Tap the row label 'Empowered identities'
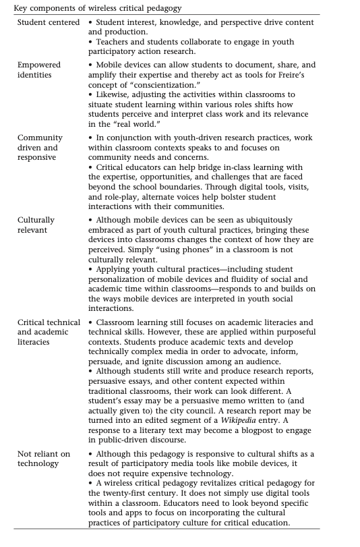tap(39, 69)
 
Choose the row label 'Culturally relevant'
tap(36, 225)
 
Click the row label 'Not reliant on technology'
tap(44, 459)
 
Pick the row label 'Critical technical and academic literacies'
tap(49, 332)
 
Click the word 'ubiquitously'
tap(265, 220)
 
